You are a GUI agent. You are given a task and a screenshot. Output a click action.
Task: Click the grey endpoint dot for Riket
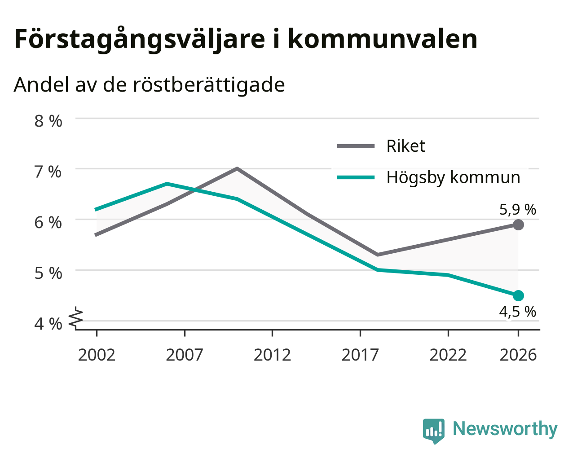tap(518, 225)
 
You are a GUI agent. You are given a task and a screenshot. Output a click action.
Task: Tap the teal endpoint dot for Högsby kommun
tap(518, 295)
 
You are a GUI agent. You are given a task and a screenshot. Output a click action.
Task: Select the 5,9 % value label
tap(518, 210)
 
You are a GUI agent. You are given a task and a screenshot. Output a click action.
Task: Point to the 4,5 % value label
tap(517, 312)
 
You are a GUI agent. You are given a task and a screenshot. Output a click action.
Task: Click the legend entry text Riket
tap(406, 146)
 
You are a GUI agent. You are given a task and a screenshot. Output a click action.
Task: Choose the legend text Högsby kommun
tap(453, 178)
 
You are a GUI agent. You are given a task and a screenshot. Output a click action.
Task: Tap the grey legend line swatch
tap(356, 146)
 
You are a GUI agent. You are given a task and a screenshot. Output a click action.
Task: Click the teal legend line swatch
tap(356, 177)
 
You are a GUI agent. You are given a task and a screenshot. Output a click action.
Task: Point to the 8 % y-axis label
tap(48, 121)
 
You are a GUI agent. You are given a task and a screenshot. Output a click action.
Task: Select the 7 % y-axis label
tap(48, 172)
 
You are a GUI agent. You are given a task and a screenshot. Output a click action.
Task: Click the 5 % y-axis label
tap(48, 273)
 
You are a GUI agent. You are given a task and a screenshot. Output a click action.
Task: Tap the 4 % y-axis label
tap(48, 324)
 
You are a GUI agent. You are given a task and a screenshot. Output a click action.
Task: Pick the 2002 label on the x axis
tap(97, 355)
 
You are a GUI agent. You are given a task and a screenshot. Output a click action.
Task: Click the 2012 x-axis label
tap(272, 355)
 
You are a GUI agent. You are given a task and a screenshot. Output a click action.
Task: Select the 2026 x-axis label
tap(518, 355)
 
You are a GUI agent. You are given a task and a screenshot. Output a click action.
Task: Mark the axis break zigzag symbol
tap(76, 317)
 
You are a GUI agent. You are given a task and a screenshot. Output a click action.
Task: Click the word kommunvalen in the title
tap(382, 39)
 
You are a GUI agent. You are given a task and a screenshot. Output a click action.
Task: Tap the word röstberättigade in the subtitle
tap(209, 85)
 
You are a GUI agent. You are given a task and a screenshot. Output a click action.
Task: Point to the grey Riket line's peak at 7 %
tap(237, 168)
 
